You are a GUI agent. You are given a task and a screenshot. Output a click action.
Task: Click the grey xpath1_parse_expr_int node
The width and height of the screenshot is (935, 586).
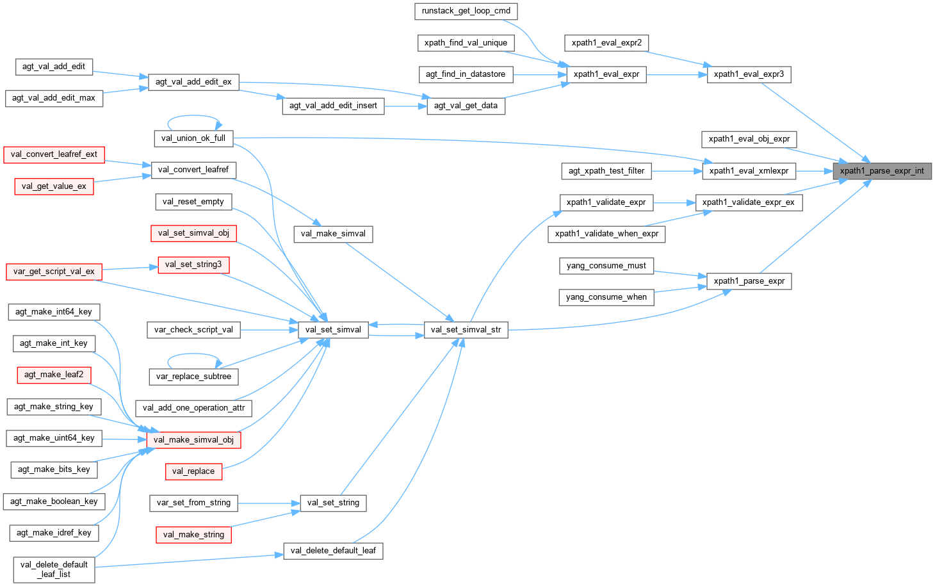pos(882,171)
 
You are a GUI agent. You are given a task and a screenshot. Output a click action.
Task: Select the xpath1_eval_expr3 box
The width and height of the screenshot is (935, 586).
pos(749,74)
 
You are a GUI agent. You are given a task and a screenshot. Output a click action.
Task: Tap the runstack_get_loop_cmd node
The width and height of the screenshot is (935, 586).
pos(466,11)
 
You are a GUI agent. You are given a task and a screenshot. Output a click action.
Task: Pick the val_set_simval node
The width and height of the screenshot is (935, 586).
pos(333,330)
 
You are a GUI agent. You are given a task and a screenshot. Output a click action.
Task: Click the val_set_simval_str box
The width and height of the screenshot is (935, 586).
pos(466,330)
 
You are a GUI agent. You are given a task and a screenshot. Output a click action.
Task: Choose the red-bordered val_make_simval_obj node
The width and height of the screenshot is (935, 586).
pos(193,440)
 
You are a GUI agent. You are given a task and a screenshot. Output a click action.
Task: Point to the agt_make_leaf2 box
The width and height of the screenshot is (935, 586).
pos(54,375)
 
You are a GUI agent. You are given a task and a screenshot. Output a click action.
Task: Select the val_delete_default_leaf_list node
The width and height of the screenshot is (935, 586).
pos(54,569)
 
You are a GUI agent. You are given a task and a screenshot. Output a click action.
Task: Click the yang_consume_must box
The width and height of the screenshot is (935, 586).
pos(606,266)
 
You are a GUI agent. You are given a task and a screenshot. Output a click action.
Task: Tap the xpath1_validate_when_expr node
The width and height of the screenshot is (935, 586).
pos(606,234)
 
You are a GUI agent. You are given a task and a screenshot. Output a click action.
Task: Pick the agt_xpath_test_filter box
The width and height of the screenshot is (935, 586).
pos(606,171)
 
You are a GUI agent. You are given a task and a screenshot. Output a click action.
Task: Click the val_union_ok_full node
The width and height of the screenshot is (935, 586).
pos(193,138)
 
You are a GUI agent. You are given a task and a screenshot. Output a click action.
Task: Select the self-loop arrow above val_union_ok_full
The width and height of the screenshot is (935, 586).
pos(194,116)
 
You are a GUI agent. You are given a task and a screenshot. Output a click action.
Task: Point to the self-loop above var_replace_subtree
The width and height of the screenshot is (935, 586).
pos(194,354)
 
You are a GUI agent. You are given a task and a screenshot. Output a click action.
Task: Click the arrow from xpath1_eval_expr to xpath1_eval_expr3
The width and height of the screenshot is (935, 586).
pos(676,74)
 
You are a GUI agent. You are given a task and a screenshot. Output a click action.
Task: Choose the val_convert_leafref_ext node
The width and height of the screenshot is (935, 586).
pos(54,154)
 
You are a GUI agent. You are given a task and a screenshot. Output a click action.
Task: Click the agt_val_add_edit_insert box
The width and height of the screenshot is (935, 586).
pos(333,106)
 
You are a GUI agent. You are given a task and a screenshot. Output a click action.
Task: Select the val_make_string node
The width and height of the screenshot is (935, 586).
pos(193,535)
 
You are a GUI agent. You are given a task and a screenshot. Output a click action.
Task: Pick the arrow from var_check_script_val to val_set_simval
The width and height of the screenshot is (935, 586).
pos(269,330)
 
